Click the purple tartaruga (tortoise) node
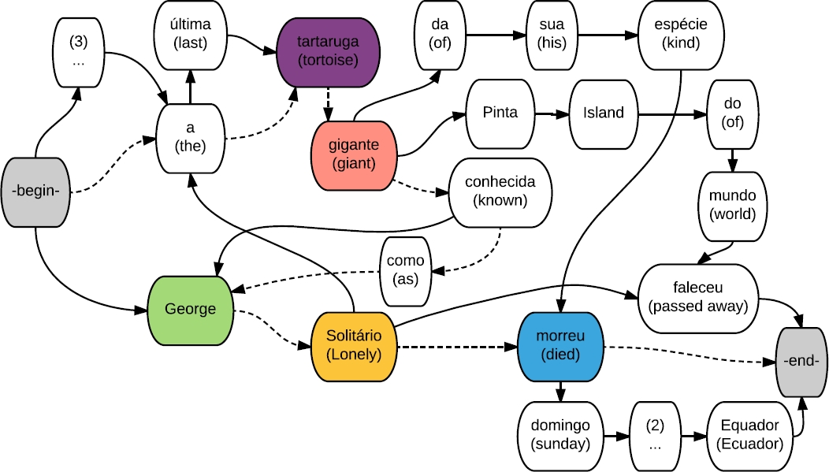(329, 50)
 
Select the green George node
(191, 309)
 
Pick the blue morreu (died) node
(562, 346)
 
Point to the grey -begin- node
(35, 191)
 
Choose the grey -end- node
(802, 361)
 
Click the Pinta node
(500, 113)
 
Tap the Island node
(604, 113)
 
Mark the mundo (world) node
(731, 204)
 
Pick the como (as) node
(406, 270)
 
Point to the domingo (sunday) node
(560, 434)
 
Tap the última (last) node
(190, 35)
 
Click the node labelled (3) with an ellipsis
(78, 50)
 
